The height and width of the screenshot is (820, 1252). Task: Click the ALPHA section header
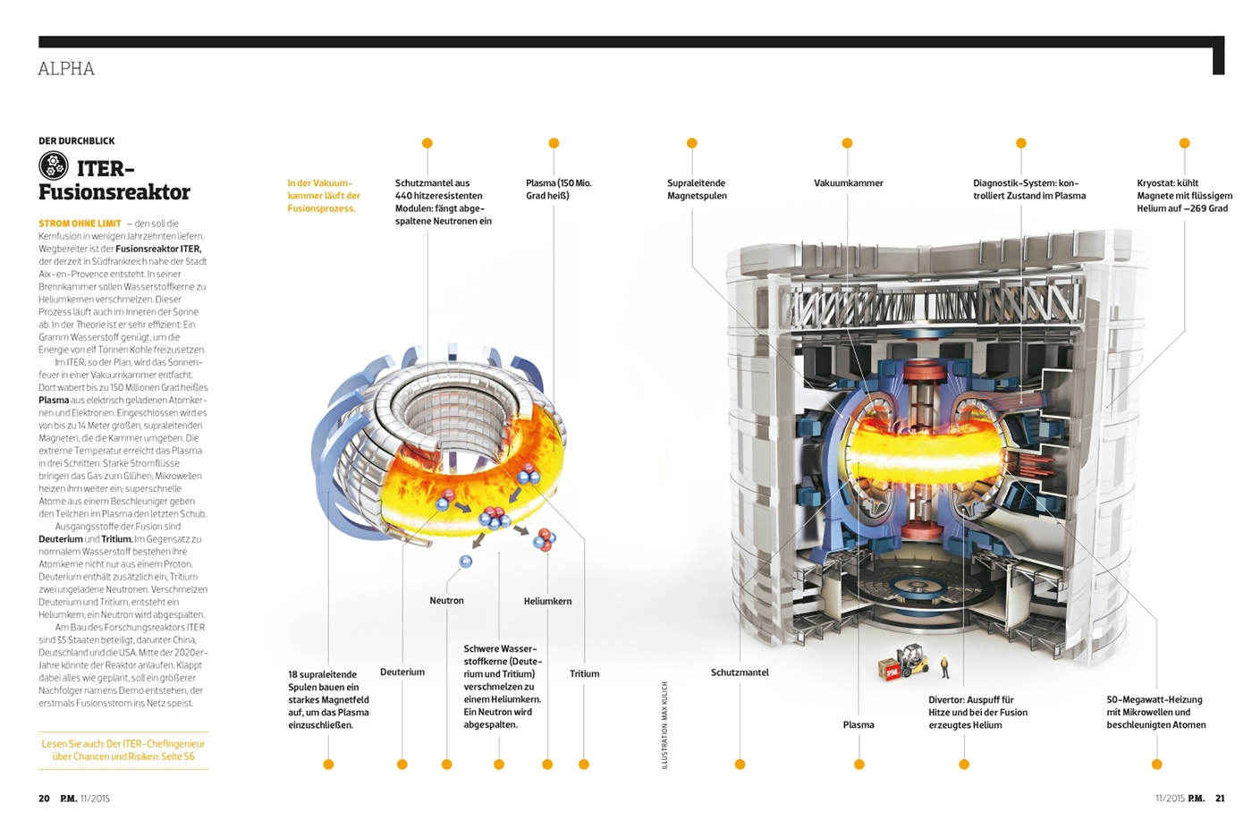coord(66,69)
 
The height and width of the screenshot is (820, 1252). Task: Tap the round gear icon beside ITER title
coord(54,165)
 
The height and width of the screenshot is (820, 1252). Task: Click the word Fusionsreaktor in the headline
coord(114,192)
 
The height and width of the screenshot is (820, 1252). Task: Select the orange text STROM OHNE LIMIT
coord(80,224)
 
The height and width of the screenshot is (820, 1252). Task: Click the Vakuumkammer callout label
coord(849,182)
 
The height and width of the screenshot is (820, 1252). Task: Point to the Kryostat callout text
coord(1184,196)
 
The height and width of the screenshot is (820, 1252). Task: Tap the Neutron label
coord(446,600)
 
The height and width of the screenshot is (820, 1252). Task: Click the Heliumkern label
coord(547,602)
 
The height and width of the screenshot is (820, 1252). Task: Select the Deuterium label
coord(402,672)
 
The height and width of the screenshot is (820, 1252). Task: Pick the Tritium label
coord(585,673)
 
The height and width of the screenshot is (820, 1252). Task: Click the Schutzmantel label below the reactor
coord(740,672)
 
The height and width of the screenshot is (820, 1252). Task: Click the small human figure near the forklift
coord(945,667)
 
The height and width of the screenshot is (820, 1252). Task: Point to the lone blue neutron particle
coord(465,562)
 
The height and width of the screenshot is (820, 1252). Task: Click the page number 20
coord(44,799)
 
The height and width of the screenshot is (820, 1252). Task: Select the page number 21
coord(1220,799)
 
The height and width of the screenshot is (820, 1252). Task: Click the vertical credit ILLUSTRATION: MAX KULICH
coord(664,725)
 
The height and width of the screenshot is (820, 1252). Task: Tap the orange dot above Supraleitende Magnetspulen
coord(692,143)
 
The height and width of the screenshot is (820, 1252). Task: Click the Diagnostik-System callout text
coord(1029,190)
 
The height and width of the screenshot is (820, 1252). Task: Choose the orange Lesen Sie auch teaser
coord(123,750)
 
